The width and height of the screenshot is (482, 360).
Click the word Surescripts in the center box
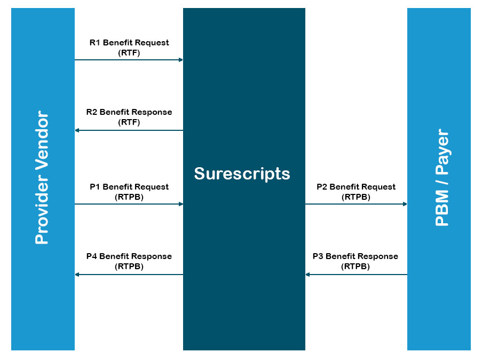click(242, 174)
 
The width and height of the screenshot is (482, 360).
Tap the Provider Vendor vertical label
click(42, 177)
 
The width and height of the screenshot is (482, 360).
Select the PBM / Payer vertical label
click(443, 177)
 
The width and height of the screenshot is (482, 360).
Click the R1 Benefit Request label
click(129, 42)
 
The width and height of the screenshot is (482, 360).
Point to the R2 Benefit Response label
click(129, 112)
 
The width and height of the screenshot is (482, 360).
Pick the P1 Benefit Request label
click(129, 187)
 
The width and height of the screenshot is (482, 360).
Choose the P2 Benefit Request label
click(356, 187)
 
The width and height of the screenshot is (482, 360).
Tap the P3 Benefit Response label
click(355, 256)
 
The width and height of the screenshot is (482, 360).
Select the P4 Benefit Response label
click(129, 256)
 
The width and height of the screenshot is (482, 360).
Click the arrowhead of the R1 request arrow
click(181, 60)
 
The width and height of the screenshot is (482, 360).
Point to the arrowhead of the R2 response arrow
click(77, 130)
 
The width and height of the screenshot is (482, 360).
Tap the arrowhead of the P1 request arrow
click(181, 204)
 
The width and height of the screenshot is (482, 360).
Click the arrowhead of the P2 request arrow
click(405, 204)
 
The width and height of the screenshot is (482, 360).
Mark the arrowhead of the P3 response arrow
click(307, 275)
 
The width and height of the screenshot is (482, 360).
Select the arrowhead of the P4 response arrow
click(77, 275)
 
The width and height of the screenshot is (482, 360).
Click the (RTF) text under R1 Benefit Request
click(129, 53)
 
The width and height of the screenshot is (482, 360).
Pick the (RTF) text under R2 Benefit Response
click(129, 122)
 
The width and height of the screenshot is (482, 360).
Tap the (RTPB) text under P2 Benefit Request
click(356, 197)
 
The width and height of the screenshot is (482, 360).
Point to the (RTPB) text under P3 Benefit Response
click(355, 267)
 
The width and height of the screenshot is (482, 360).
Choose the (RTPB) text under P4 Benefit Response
click(129, 267)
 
